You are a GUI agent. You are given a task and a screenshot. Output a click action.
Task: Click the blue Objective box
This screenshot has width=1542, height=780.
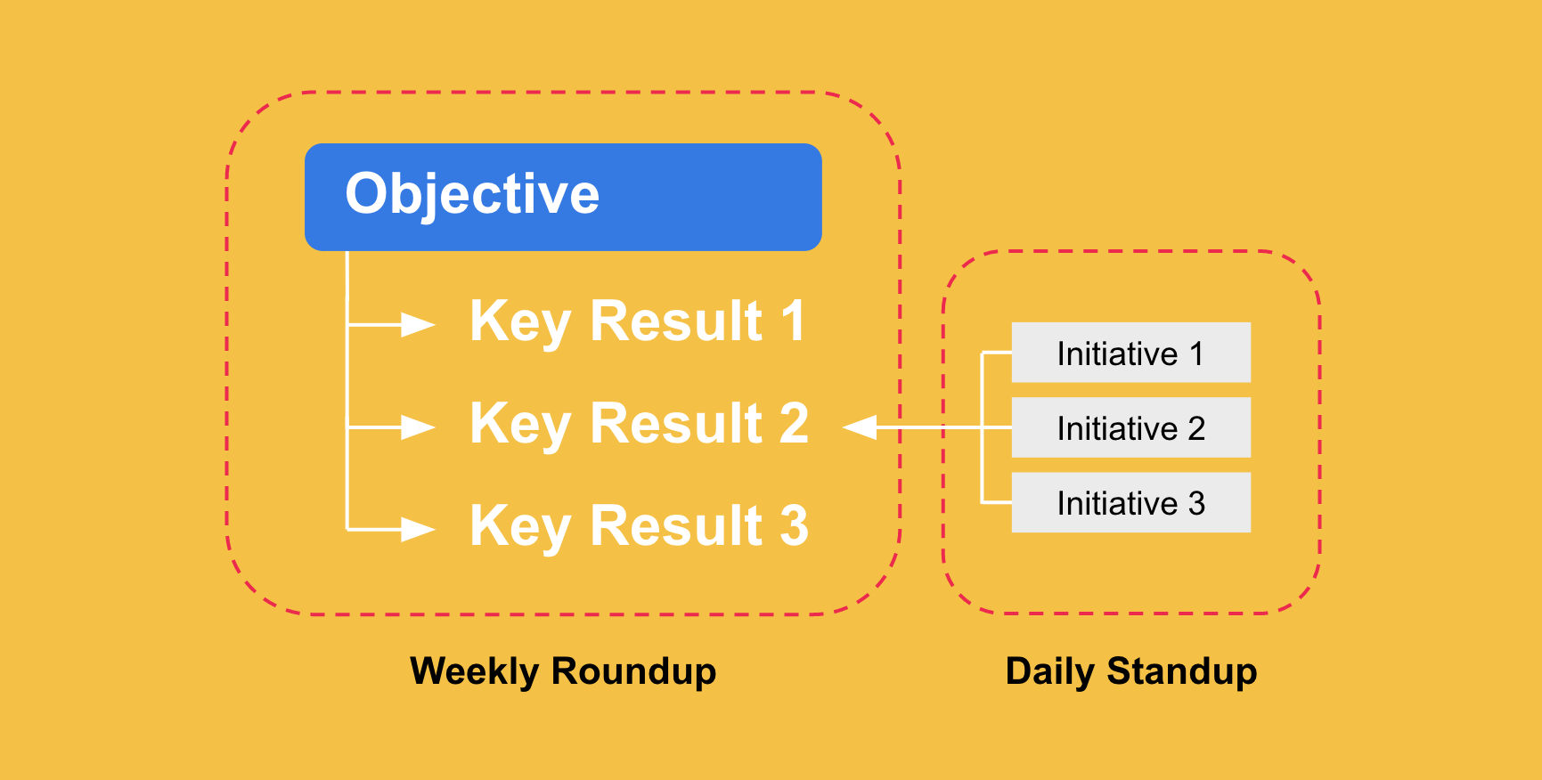(563, 197)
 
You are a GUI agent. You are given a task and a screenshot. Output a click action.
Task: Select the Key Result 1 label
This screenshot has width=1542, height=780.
(638, 322)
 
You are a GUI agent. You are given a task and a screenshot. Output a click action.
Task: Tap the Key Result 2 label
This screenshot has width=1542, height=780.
(640, 425)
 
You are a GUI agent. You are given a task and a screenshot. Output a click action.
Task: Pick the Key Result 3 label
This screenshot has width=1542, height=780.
(640, 527)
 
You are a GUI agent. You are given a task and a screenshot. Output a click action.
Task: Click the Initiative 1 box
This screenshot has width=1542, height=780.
(1131, 353)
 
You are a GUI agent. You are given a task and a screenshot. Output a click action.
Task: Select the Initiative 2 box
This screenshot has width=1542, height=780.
(1131, 427)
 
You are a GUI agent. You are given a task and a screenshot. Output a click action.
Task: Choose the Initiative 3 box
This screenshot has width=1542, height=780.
(1131, 502)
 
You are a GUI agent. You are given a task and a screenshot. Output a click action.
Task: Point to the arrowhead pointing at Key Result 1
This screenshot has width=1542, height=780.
(418, 325)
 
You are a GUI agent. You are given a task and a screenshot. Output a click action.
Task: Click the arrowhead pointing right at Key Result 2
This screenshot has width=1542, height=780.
(418, 427)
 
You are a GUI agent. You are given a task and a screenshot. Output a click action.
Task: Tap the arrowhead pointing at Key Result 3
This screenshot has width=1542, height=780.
(418, 530)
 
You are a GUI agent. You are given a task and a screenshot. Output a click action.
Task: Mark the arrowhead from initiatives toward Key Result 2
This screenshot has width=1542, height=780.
(860, 427)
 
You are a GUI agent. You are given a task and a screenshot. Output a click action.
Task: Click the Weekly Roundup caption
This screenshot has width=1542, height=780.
(563, 672)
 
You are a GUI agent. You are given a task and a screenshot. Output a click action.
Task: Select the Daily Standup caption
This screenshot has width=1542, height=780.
(1131, 672)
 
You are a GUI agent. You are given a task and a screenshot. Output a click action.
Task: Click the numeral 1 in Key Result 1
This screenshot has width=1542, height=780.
(793, 321)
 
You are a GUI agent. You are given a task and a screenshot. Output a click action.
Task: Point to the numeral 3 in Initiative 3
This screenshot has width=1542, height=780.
(1196, 504)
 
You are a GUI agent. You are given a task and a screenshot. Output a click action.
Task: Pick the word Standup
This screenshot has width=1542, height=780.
(1182, 672)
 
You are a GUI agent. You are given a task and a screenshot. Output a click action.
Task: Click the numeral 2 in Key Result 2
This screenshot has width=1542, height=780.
(795, 423)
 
